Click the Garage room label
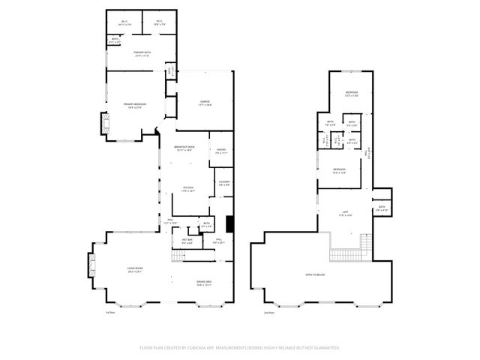point(204,102)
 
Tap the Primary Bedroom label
point(134,104)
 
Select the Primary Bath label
point(142,52)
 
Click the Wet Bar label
point(187,240)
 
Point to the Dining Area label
point(204,282)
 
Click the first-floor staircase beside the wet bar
point(177,256)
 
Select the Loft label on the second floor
point(346,212)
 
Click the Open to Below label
point(315,274)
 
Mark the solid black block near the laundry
point(231,223)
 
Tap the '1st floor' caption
point(110,312)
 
